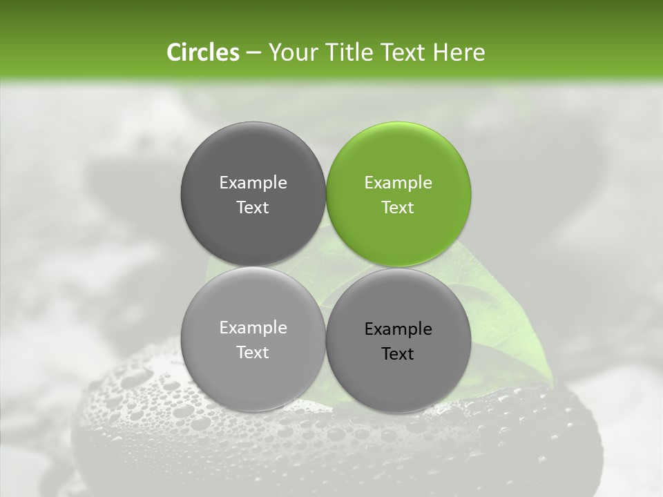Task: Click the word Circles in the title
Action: coord(202,52)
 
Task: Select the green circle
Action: coord(398,194)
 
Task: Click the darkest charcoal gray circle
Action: coord(253,194)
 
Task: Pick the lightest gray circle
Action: coord(253,339)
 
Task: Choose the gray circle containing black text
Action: coord(398,340)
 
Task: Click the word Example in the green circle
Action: coord(398,183)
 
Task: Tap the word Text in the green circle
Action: coord(398,207)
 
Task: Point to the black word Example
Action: coord(398,329)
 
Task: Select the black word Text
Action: coord(398,353)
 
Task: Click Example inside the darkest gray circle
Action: coord(253,183)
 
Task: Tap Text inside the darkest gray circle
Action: coord(253,207)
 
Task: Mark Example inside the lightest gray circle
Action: coord(253,328)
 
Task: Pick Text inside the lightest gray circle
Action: coord(253,352)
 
